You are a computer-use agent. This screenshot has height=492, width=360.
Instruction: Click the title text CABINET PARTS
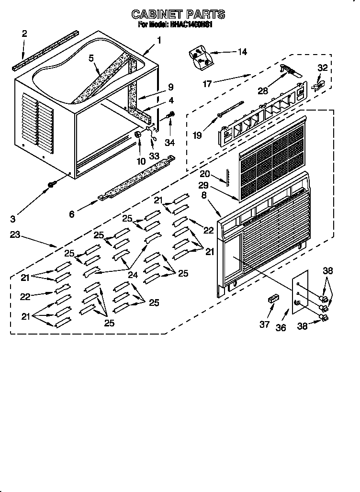[x=178, y=15]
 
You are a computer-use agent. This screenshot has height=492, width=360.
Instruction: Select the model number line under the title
[x=175, y=25]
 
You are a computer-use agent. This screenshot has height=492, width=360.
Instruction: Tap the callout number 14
[x=242, y=52]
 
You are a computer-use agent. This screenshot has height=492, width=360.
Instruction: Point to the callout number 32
[x=323, y=68]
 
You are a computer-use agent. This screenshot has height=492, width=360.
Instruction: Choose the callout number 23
[x=15, y=235]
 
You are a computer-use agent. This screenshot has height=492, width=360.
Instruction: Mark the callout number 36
[x=281, y=327]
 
